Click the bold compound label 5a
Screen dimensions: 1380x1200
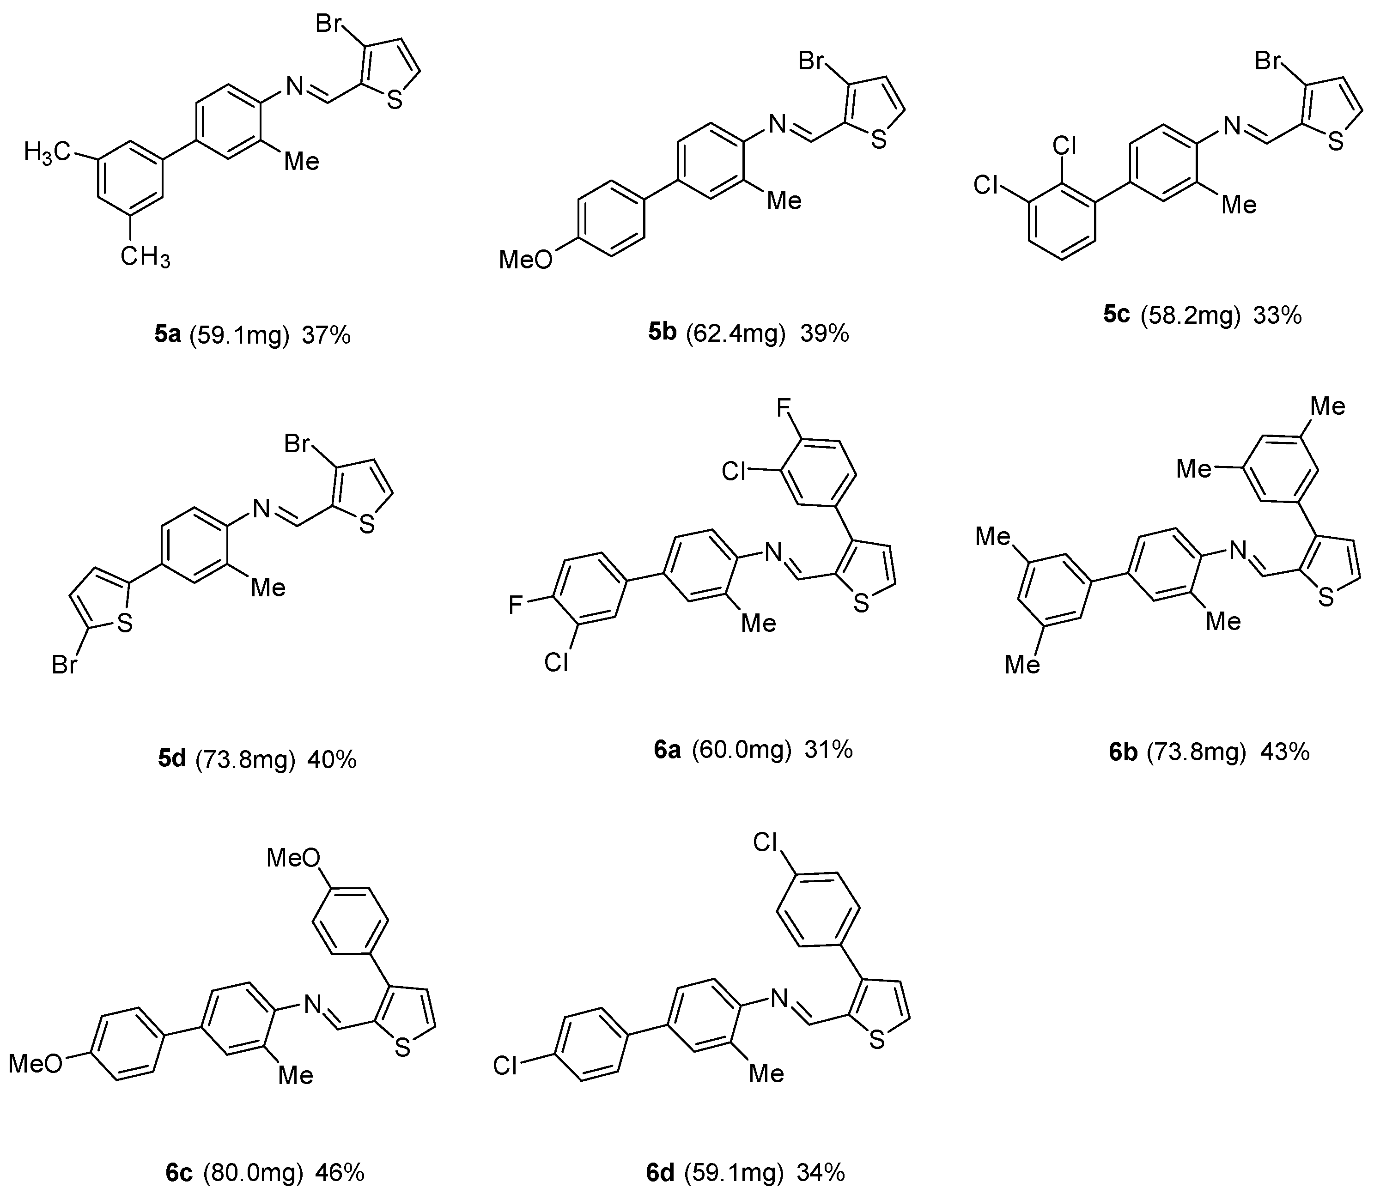[x=167, y=335]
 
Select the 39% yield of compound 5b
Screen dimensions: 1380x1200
[x=825, y=333]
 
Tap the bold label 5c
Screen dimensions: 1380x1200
[x=1116, y=314]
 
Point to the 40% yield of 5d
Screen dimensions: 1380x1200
[x=332, y=759]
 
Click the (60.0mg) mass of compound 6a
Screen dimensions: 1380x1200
[x=741, y=749]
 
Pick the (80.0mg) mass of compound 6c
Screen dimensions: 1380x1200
[x=253, y=1173]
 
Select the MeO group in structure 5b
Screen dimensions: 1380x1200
[x=526, y=259]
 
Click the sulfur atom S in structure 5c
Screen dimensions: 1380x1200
[x=1335, y=143]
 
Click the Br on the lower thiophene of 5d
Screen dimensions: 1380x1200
[x=64, y=666]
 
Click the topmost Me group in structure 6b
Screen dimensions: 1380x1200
[x=1327, y=406]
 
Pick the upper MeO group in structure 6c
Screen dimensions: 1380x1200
[x=293, y=857]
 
